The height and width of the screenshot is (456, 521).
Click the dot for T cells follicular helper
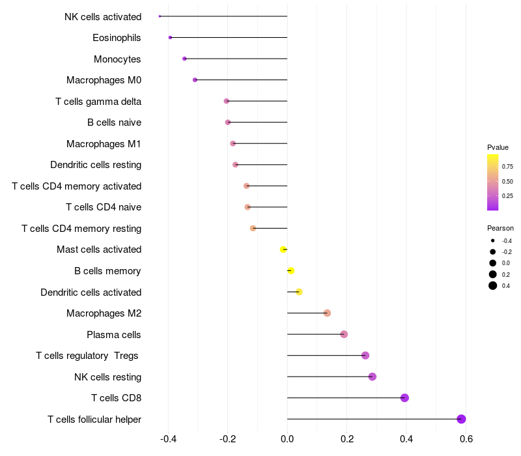pos(461,419)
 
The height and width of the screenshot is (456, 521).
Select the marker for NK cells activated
pos(160,16)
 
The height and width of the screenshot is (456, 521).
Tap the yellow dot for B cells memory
pos(291,270)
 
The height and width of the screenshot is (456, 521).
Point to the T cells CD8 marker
pos(404,398)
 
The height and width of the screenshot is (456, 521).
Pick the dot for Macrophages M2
pos(327,313)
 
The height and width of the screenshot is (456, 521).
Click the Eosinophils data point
pos(170,38)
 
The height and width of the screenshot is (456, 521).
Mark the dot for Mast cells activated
pos(283,249)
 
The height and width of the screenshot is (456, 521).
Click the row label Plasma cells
pos(114,335)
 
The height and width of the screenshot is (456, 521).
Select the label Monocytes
pos(117,59)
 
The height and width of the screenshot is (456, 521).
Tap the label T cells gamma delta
pos(98,102)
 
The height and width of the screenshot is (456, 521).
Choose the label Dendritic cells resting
pos(96,165)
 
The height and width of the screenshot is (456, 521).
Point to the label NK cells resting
pos(108,377)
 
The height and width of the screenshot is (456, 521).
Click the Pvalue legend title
pos(498,147)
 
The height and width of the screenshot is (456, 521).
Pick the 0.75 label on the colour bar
pos(507,166)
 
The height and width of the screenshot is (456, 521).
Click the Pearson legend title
pos(500,228)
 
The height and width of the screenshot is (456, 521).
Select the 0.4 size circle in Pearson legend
pos(493,285)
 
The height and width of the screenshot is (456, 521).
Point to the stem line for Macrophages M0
pos(241,80)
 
